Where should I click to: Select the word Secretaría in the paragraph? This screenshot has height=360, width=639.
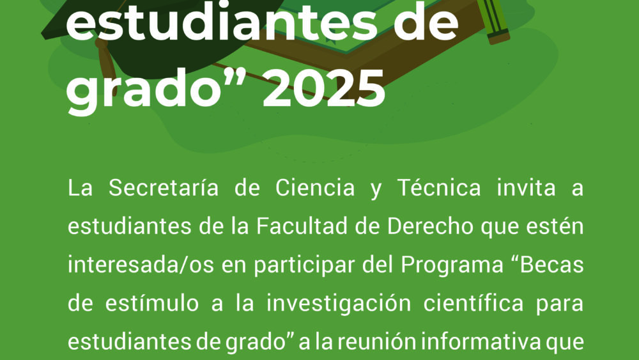click(x=164, y=188)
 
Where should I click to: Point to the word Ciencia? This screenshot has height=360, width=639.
click(x=315, y=188)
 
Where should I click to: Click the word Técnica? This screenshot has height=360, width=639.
click(x=439, y=188)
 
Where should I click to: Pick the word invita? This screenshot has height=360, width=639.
click(x=526, y=188)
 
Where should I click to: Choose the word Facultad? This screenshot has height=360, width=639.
click(x=302, y=226)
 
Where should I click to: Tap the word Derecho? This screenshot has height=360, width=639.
click(x=430, y=226)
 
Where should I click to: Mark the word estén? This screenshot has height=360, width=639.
click(x=555, y=226)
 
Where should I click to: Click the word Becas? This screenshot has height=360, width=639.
click(x=552, y=265)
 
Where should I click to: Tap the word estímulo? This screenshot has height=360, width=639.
click(x=152, y=303)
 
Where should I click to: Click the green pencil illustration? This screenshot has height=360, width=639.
click(x=493, y=20)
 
